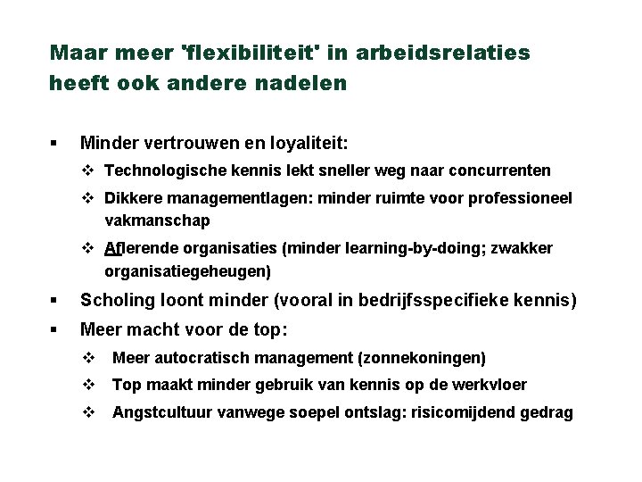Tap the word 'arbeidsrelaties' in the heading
click(442, 53)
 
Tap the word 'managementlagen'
click(224, 198)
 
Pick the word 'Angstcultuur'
click(157, 412)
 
